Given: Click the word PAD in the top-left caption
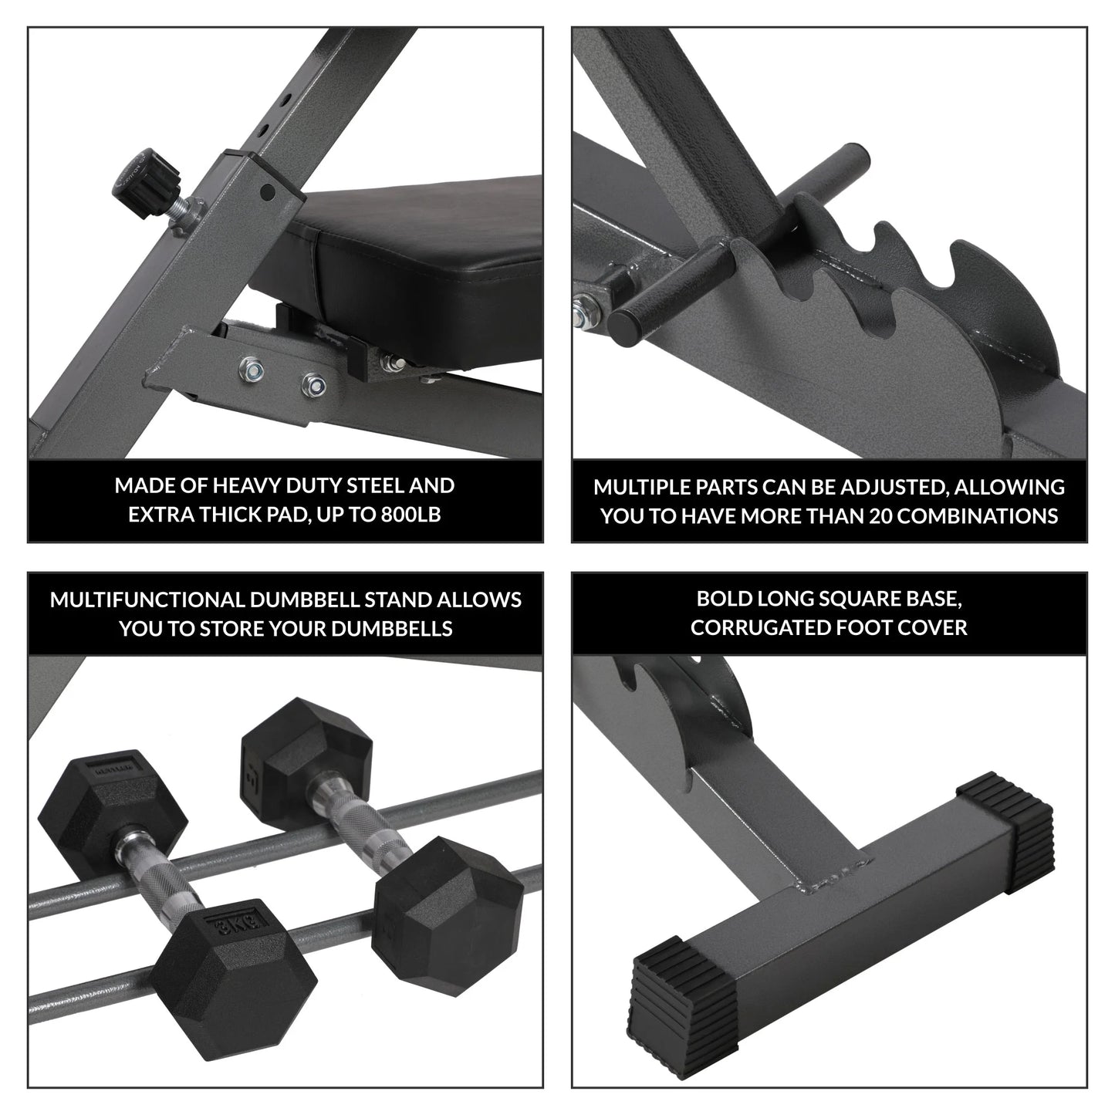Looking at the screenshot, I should (x=276, y=515).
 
